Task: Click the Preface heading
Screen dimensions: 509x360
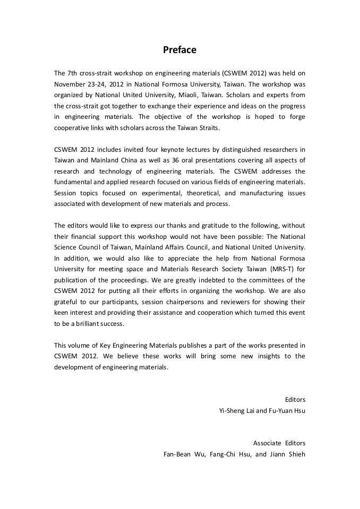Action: [179, 50]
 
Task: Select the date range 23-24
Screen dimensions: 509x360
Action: [98, 84]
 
